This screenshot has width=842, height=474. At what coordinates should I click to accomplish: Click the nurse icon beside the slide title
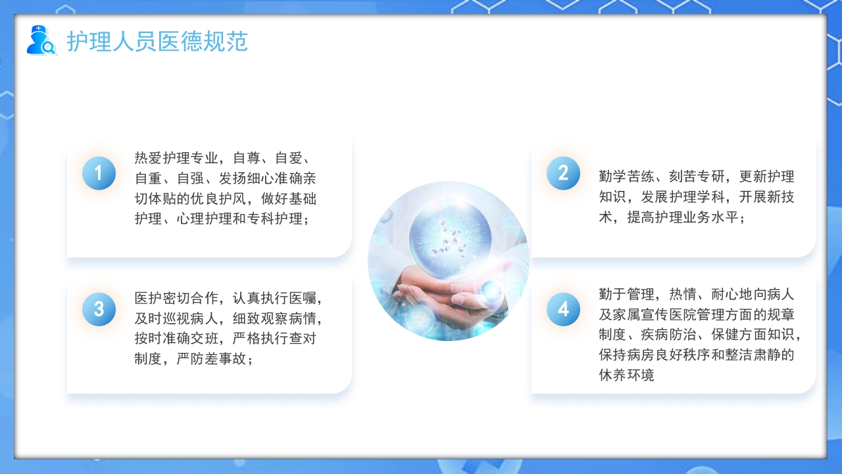pos(41,40)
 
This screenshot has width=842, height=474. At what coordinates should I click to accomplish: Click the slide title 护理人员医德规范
pos(157,41)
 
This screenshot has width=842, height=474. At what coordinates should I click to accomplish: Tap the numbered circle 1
pos(99,173)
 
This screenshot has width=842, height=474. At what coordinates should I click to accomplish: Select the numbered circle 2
pos(563,173)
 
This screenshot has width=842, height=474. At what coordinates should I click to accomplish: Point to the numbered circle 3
pos(99,309)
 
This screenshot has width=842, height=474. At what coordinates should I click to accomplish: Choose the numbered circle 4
pos(563,309)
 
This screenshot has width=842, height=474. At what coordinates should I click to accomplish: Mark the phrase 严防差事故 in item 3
pos(211,359)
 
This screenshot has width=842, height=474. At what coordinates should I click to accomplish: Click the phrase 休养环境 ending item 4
pos(627,376)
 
